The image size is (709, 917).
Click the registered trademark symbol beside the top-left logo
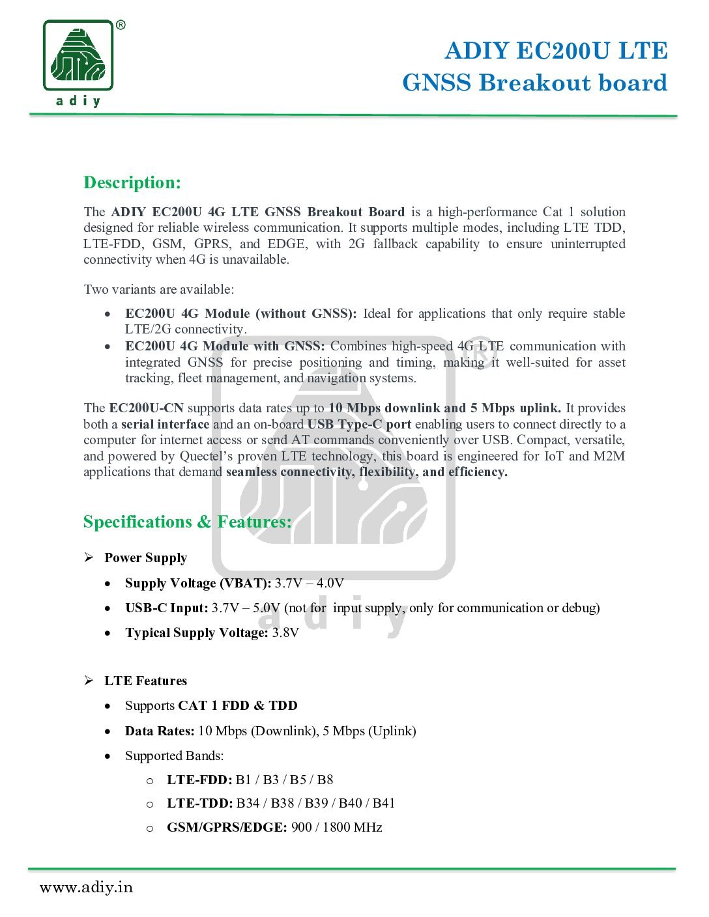[x=121, y=25]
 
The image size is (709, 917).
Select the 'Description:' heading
[x=132, y=182]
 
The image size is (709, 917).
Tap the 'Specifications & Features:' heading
[x=187, y=522]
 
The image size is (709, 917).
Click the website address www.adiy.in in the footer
[x=86, y=887]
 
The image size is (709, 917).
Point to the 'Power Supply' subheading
[x=145, y=558]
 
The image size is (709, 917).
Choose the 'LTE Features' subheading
[x=145, y=681]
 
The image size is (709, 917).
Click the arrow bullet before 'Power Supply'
[x=89, y=557]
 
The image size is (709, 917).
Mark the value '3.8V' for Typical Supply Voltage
[x=285, y=633]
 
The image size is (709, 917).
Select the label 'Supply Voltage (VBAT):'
[x=198, y=583]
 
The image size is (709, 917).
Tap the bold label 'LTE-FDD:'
[x=199, y=780]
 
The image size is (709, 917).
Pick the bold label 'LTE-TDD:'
[x=199, y=803]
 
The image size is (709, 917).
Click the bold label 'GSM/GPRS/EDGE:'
[x=227, y=827]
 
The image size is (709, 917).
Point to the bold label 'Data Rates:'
[x=160, y=731]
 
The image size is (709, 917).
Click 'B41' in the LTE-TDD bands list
[x=384, y=803]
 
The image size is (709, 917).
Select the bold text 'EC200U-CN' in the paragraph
[x=147, y=408]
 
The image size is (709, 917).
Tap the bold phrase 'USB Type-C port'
[x=359, y=425]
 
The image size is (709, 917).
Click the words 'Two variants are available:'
[x=159, y=289]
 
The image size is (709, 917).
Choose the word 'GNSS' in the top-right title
[x=436, y=83]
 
